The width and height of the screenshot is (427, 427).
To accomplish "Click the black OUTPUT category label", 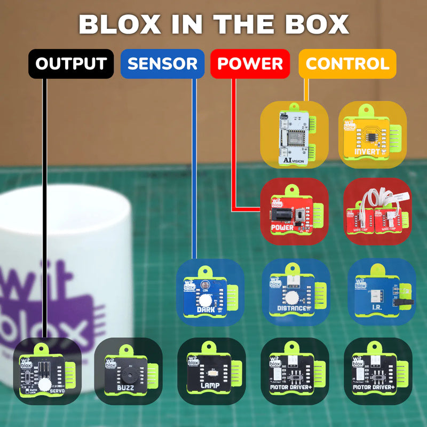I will [x=70, y=64].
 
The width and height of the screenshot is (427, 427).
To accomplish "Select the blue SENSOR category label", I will [x=162, y=64].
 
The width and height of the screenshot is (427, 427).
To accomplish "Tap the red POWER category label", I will [x=250, y=64].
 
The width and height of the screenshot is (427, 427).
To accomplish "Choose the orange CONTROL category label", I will [x=347, y=64].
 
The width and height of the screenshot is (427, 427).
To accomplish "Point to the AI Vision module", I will [x=292, y=134].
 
